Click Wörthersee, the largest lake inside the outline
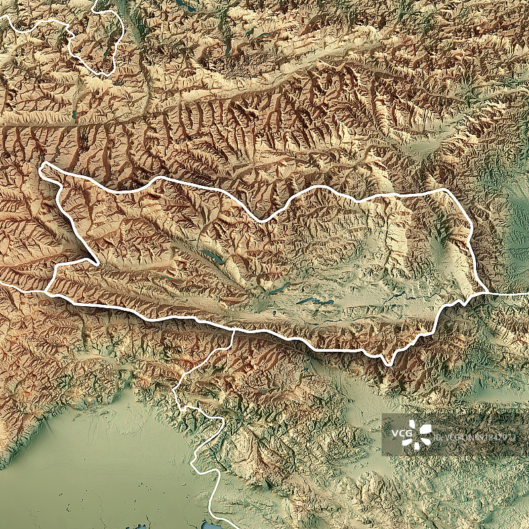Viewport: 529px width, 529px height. pos(315,302)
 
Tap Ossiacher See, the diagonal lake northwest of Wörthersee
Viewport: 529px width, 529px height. pos(278,288)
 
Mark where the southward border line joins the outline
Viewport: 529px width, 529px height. pos(233,329)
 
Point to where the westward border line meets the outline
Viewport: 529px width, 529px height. pos(46,291)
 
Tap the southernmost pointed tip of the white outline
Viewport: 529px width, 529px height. pos(389,363)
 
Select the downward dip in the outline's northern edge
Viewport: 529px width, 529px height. pos(264,220)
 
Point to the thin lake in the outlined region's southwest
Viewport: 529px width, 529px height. pos(173,279)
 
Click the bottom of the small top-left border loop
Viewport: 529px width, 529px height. pos(106,74)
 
